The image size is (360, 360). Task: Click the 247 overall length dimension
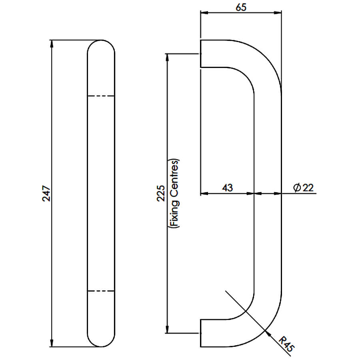(x=46, y=194)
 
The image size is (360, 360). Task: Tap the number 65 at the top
(x=241, y=7)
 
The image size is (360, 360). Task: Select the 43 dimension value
(x=227, y=188)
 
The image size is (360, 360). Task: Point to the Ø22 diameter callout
(x=303, y=188)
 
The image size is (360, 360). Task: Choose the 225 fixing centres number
(x=161, y=193)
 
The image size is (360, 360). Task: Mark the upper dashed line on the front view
(x=101, y=96)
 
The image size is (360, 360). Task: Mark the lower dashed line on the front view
(x=101, y=291)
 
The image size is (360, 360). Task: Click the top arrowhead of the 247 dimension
(x=52, y=44)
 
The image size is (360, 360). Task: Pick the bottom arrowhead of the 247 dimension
(x=52, y=343)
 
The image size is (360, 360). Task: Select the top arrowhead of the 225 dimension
(x=167, y=57)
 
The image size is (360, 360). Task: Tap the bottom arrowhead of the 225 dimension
(x=167, y=329)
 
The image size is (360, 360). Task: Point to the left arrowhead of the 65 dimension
(x=204, y=13)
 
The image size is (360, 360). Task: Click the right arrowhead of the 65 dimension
(x=278, y=13)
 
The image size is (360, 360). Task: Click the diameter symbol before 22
(x=297, y=188)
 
